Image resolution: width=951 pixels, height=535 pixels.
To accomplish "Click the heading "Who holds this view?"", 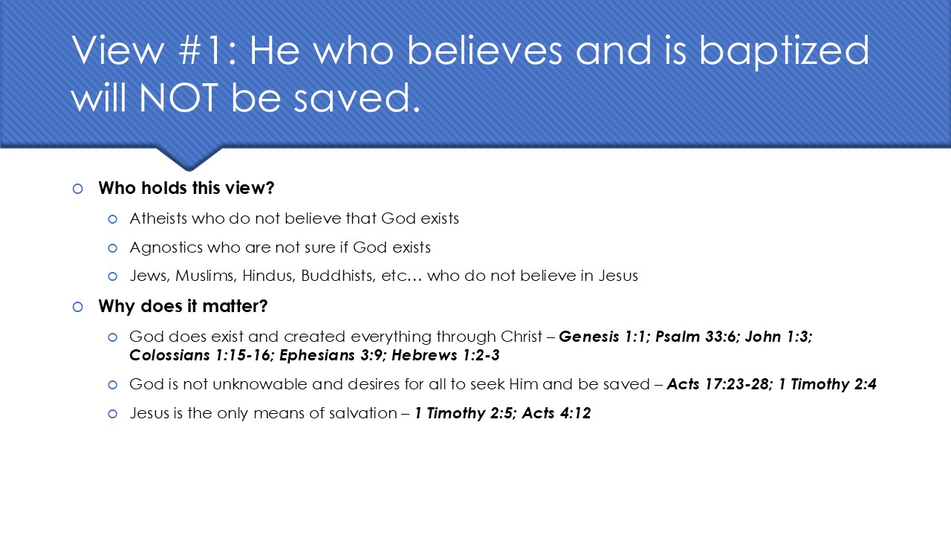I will pos(186,188).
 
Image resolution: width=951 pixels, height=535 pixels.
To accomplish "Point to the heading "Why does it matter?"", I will pos(182,306).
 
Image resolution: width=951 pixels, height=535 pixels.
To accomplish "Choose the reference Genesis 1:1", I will pos(603,337).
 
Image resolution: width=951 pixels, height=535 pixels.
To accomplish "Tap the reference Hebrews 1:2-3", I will pos(446,355).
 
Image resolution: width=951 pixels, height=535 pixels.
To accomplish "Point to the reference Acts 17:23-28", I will pos(717,384).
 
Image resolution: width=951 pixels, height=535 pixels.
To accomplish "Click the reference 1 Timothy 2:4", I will pos(828,384).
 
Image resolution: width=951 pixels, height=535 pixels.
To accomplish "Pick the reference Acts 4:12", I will pos(556,413).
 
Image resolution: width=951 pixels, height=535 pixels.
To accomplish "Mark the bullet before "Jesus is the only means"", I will pos(113,414).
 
